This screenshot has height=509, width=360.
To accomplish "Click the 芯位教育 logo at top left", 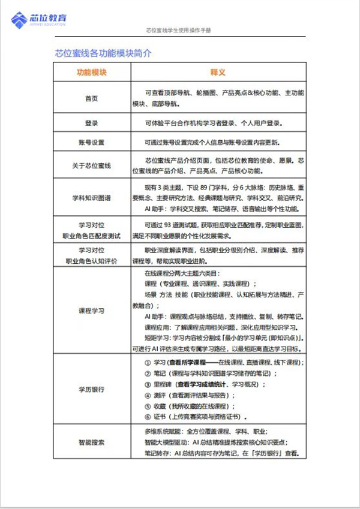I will tap(40, 20).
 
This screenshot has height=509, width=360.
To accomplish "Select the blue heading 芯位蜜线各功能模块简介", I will tap(103, 53).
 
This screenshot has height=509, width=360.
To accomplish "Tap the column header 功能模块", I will tap(92, 73).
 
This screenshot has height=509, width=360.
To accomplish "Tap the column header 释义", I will tap(217, 73).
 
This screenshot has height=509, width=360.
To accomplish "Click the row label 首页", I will tap(92, 98).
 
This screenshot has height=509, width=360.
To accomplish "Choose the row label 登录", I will tap(92, 124).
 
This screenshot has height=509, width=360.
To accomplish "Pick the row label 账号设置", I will tap(92, 143).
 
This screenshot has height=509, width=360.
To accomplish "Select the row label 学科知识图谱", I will tap(92, 197).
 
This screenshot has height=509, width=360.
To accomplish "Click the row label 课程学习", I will tap(92, 311).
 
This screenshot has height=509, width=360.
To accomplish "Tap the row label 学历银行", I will tap(92, 390).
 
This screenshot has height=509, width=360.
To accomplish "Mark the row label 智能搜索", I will tap(92, 442).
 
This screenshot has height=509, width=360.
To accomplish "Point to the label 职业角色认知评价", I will tap(92, 261).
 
